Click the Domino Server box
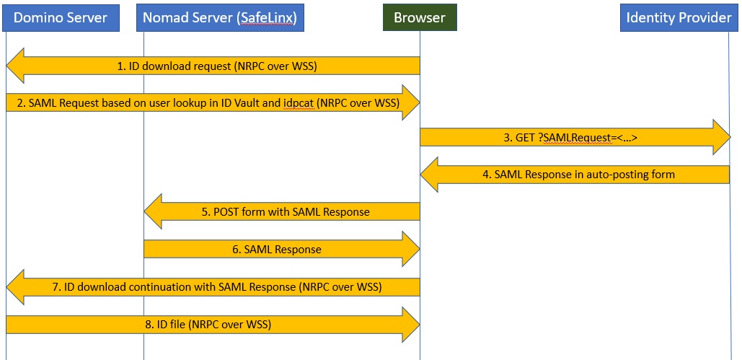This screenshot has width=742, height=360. coord(60,17)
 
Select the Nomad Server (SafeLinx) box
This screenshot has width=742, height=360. coord(220,17)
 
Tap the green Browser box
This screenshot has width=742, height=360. coord(419,17)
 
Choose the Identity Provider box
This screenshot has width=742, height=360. coord(679,17)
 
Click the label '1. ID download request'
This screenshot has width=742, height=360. coord(217,66)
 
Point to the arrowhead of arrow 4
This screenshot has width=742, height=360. coord(430,175)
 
